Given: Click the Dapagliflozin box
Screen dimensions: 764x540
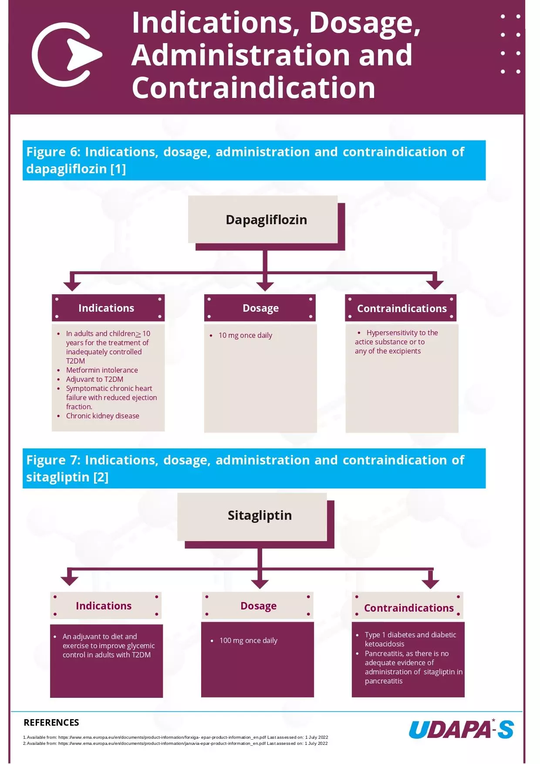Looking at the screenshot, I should tap(263, 219).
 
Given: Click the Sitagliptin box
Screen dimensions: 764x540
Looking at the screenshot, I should tap(253, 516).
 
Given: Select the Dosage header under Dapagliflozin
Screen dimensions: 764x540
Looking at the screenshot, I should tap(260, 308).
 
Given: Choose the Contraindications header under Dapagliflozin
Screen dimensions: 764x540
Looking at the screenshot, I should tap(401, 308).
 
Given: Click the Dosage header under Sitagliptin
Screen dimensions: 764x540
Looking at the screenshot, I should tap(258, 606).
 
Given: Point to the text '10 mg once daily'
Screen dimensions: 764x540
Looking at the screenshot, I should tap(245, 335).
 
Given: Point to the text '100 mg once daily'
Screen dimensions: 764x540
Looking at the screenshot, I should tap(248, 640).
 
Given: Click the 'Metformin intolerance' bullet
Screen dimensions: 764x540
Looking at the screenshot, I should tap(102, 370).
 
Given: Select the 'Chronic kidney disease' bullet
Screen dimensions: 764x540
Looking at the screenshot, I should tap(103, 416).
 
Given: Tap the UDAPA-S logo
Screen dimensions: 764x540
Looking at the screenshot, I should tap(461, 730).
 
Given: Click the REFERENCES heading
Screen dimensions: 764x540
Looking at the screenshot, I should tap(51, 723).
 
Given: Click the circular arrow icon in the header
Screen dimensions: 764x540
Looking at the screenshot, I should tap(65, 55).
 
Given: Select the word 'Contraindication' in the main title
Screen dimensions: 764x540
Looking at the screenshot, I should tap(253, 88).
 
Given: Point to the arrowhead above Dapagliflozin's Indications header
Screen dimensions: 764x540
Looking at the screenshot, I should tap(72, 285).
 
